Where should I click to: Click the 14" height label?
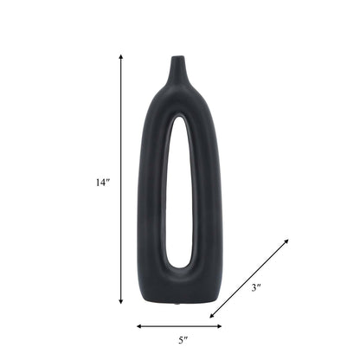[103, 183]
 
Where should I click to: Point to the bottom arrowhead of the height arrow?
[121, 302]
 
